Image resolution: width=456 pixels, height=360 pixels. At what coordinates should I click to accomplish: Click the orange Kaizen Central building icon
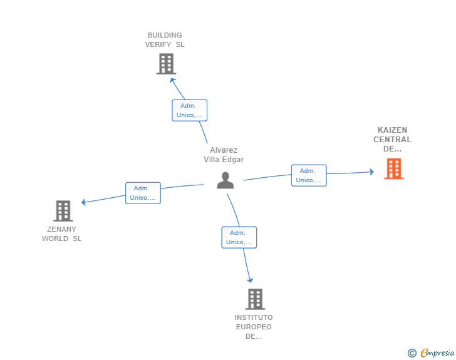click(x=394, y=168)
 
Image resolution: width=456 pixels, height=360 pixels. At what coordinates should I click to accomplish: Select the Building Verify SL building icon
click(x=166, y=64)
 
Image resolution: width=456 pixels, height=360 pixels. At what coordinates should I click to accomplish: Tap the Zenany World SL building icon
click(x=63, y=211)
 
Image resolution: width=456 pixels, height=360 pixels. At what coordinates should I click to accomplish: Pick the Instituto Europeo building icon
click(x=255, y=299)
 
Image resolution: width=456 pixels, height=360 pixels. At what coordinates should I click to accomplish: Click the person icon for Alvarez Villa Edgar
click(x=225, y=180)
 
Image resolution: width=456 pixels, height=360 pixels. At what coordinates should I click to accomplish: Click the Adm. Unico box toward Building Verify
click(x=189, y=110)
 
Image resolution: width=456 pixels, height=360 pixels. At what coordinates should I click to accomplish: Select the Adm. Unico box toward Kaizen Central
click(x=309, y=175)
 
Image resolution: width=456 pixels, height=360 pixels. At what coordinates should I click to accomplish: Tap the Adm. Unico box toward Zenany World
click(x=143, y=193)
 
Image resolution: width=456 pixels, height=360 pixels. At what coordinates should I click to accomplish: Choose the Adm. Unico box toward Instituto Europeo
click(x=239, y=237)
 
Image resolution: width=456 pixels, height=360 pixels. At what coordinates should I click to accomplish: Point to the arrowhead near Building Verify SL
click(x=172, y=81)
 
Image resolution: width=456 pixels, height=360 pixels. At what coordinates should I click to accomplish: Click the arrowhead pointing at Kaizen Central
click(x=371, y=172)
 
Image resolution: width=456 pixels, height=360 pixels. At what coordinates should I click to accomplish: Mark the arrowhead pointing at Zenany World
click(x=84, y=202)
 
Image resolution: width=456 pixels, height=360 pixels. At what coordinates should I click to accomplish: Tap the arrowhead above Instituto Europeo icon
click(x=250, y=280)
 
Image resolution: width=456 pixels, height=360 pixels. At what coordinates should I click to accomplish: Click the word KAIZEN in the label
click(x=392, y=130)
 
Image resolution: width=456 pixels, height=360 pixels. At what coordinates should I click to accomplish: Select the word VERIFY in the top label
click(x=158, y=44)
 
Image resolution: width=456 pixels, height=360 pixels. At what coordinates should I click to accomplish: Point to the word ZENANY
click(x=61, y=229)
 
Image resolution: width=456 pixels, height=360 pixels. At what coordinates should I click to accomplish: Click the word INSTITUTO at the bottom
click(x=254, y=317)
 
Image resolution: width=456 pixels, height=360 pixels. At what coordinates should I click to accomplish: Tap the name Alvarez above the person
click(x=224, y=150)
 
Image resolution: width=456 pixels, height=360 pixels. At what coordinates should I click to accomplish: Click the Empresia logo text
click(x=437, y=352)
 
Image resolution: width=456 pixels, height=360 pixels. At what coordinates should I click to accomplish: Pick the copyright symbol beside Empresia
click(x=412, y=353)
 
